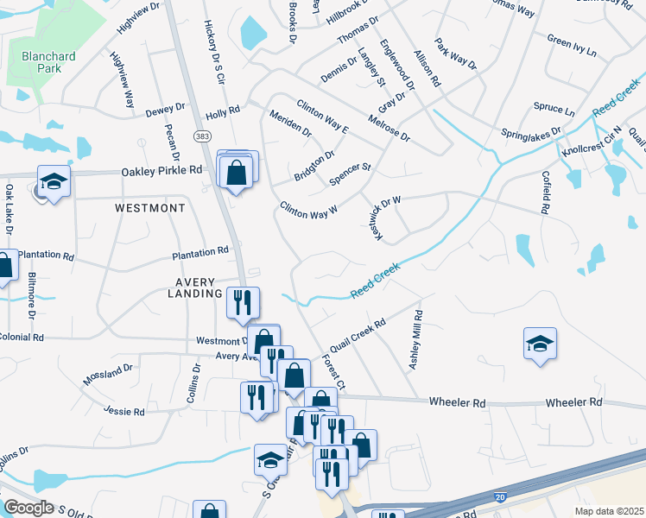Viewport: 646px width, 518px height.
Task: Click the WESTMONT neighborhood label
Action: pos(149,209)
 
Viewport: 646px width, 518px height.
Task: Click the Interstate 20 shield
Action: pos(501,497)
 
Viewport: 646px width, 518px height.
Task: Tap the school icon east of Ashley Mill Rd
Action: pos(540,344)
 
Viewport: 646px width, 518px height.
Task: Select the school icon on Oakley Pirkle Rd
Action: pos(54,181)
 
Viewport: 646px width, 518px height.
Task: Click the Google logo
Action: pos(28,507)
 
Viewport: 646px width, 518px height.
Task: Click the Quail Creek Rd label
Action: pos(356,335)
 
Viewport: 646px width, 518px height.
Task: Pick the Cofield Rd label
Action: pos(547,192)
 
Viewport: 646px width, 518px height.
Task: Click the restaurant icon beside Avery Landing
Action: pos(242,301)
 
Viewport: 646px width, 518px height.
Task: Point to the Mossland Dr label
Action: pos(108,374)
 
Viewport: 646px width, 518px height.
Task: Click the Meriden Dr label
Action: pos(290,124)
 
